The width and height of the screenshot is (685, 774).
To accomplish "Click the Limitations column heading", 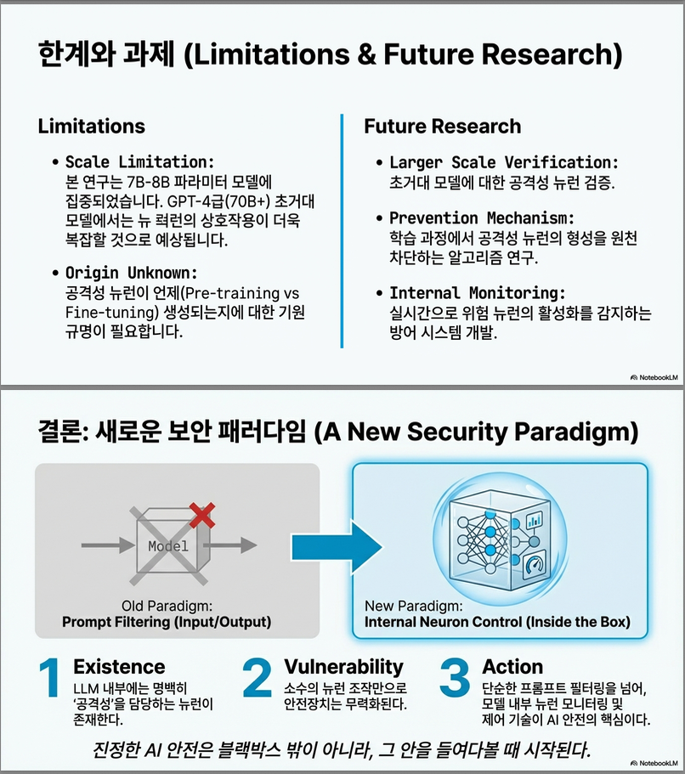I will (91, 127).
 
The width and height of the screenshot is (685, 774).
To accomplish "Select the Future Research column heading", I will (442, 127).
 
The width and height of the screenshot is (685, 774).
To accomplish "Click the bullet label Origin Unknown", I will (131, 274).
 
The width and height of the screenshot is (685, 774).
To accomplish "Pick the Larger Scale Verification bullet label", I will (504, 162).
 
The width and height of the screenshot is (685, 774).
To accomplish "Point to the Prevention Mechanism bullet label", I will (482, 218).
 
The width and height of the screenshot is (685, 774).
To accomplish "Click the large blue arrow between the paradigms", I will (329, 545).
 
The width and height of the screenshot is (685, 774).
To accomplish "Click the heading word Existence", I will (119, 667).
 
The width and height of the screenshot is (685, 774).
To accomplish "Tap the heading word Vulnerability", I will (343, 666).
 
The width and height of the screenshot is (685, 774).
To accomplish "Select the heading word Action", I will (512, 667).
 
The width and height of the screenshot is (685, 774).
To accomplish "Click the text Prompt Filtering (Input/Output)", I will (167, 622).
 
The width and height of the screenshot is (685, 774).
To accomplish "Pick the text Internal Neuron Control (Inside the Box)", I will (497, 622).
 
